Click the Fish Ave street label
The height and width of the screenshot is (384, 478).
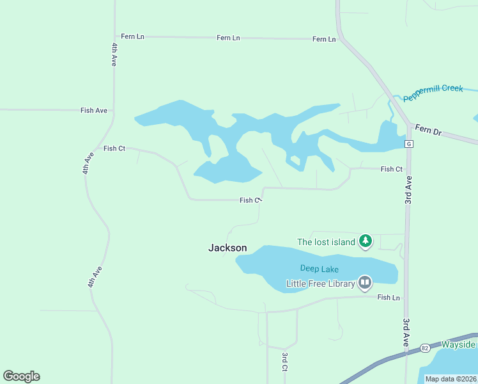pos(93,111)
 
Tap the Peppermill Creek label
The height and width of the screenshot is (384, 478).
pos(433,89)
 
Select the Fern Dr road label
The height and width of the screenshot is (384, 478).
pos(428,129)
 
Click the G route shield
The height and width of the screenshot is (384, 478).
pos(408,144)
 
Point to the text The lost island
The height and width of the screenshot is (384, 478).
pos(326,242)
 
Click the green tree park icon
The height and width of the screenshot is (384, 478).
pos(365,241)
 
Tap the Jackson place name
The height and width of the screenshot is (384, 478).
pos(227,248)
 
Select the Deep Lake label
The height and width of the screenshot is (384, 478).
pos(320,269)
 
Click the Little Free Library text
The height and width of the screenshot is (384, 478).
pos(320,282)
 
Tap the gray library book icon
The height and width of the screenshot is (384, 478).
pos(365,282)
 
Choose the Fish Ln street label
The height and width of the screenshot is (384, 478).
pos(388,298)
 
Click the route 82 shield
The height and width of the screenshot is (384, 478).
pos(425,348)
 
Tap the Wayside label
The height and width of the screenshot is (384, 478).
pos(458,345)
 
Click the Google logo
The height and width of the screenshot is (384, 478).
pos(21,376)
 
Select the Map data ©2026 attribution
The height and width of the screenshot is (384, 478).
pos(451,379)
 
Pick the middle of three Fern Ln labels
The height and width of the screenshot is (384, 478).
pos(228,38)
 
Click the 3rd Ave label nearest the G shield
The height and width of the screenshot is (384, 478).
pos(408,191)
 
